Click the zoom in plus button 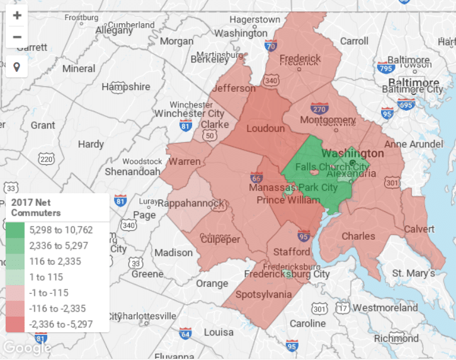tap(17, 16)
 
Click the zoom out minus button tap(17, 37)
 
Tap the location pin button tap(17, 66)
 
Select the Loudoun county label tap(265, 129)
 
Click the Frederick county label tap(300, 59)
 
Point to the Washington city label tap(352, 154)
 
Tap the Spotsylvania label tap(263, 295)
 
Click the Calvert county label tap(419, 229)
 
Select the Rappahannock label tap(190, 203)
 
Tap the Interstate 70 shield tap(270, 45)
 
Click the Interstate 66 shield tap(256, 177)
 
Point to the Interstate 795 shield tap(385, 67)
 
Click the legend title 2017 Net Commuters tap(37, 208)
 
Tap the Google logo tap(26, 347)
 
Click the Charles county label tap(359, 237)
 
